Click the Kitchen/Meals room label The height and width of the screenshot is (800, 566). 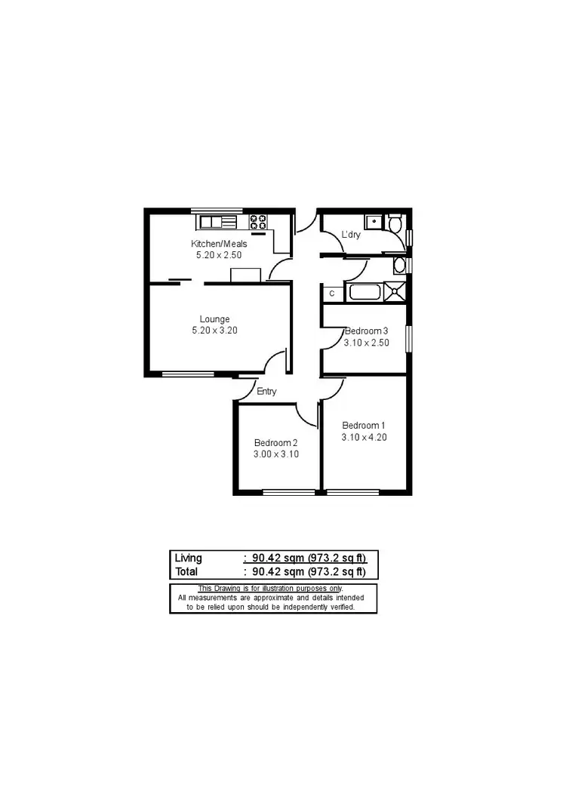click(x=218, y=244)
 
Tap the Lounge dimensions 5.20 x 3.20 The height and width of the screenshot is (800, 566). click(x=214, y=331)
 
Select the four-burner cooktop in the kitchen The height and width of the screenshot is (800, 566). click(x=258, y=222)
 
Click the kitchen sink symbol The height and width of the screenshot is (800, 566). click(x=217, y=222)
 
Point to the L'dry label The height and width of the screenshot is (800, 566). click(x=351, y=235)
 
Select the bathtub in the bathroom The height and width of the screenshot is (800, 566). click(x=364, y=291)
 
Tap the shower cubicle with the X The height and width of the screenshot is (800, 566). click(x=395, y=291)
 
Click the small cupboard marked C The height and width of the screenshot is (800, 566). click(x=331, y=292)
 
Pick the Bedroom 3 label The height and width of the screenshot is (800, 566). click(x=366, y=331)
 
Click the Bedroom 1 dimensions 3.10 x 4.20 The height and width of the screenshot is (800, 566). click(x=364, y=437)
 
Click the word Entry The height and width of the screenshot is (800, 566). click(x=266, y=392)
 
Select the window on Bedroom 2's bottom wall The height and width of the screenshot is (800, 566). click(x=289, y=493)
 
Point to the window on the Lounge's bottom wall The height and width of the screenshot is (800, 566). click(x=188, y=374)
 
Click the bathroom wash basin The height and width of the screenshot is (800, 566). click(x=400, y=266)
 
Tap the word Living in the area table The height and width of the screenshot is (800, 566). click(x=189, y=558)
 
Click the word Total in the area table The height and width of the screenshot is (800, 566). click(x=187, y=572)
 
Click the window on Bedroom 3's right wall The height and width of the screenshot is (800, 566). click(x=408, y=338)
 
